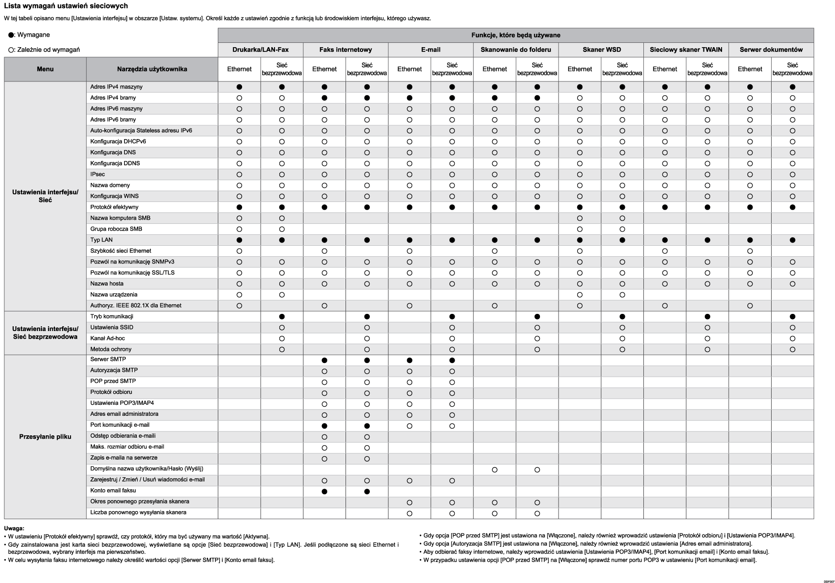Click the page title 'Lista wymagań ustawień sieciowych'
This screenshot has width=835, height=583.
[66, 6]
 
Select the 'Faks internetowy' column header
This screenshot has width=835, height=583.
[346, 50]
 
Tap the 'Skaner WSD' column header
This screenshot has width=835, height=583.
[601, 50]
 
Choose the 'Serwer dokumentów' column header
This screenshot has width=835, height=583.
[771, 50]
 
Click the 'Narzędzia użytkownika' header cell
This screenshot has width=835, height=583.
[152, 69]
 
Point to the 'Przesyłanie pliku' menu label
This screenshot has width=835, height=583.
[45, 437]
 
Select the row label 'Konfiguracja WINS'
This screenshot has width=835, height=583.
[114, 196]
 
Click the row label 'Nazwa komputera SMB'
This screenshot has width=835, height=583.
[120, 218]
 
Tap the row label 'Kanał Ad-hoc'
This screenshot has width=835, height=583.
[107, 338]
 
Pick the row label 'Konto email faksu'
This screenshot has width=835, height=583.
[113, 491]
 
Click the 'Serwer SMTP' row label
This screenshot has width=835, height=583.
[108, 360]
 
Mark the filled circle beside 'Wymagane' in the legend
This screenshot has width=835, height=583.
[11, 35]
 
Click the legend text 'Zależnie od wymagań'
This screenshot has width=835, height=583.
[48, 50]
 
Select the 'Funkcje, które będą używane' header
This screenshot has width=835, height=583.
[516, 35]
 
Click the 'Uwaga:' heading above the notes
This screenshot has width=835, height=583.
[14, 528]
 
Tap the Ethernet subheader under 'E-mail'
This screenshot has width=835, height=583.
[409, 69]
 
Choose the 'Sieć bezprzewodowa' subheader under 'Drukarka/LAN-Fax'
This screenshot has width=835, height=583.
[282, 69]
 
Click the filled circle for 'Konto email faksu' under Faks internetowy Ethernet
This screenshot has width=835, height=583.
[325, 492]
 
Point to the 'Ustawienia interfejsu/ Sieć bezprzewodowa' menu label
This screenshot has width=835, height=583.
[45, 332]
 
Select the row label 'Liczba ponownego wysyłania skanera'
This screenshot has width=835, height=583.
[138, 513]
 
